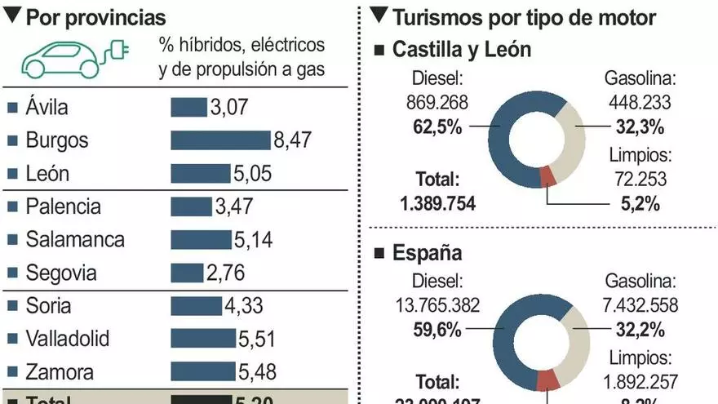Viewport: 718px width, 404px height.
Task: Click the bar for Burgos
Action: point(219,140)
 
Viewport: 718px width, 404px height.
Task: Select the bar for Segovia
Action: point(187,273)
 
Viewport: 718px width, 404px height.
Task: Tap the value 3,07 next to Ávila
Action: point(229,107)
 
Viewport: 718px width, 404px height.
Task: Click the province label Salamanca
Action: point(75,240)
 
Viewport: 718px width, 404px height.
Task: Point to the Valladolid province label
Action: point(68,339)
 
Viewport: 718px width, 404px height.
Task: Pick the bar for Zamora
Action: point(202,372)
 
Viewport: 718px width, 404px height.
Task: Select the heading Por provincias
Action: point(95,17)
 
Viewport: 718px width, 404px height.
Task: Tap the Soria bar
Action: point(196,306)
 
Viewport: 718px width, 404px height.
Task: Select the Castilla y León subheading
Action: point(462,50)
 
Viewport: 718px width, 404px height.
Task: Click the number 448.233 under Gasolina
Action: point(640,101)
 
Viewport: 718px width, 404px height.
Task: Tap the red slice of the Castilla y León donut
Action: point(547,175)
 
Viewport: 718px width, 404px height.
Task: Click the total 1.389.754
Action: point(438,203)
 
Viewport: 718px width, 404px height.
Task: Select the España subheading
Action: point(428,253)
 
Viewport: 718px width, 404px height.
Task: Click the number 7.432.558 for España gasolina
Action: point(640,304)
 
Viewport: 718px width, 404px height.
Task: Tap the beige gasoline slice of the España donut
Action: point(572,334)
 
